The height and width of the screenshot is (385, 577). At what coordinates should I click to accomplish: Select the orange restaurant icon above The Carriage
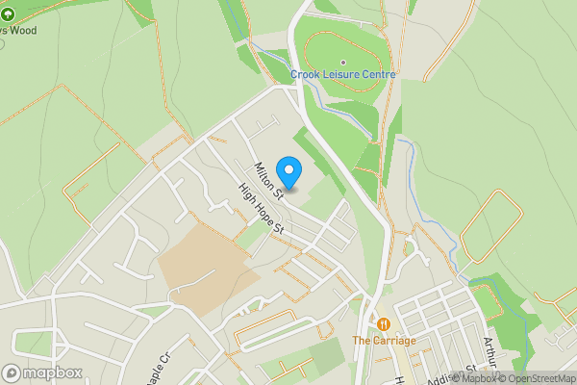tap(384, 324)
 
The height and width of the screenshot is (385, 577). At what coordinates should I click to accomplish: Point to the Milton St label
tap(268, 181)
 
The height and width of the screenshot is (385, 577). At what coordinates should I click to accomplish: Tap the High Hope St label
tap(262, 208)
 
